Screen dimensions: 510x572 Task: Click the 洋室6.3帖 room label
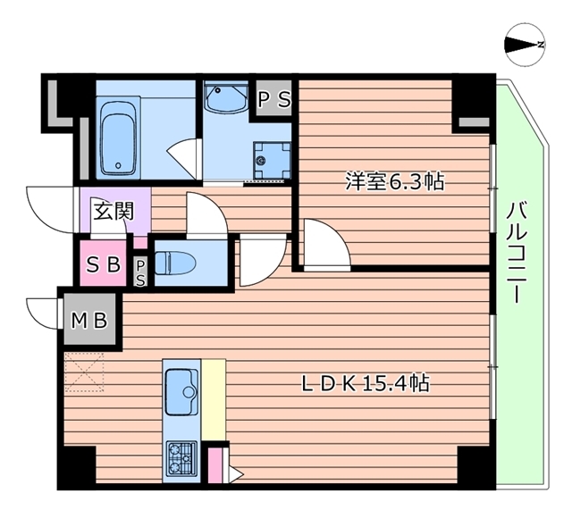[395, 181]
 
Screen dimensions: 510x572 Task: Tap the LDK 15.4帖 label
[365, 385]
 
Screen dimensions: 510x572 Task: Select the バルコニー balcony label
[516, 254]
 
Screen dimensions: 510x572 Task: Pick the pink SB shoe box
[103, 264]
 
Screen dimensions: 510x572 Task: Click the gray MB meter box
[90, 319]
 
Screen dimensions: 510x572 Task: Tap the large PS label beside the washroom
[275, 100]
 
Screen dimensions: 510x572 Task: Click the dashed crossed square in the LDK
[85, 371]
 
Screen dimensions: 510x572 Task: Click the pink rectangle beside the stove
[215, 467]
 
